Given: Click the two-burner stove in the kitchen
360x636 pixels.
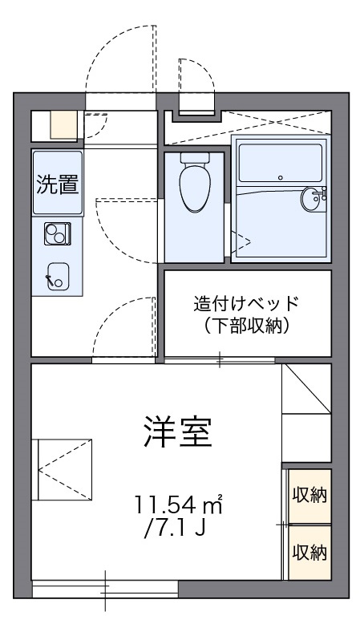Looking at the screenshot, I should tap(57, 234).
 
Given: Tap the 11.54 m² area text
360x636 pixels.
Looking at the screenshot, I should tap(177, 505).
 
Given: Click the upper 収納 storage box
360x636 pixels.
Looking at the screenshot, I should tap(309, 494).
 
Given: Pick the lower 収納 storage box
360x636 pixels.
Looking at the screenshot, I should tap(309, 552).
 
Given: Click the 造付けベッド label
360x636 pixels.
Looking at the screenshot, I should tap(246, 304).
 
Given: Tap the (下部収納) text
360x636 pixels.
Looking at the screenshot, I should tap(246, 326).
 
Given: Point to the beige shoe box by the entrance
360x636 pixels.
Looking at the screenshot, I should tap(63, 124).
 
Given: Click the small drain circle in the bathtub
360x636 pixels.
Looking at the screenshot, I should tap(280, 176).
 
